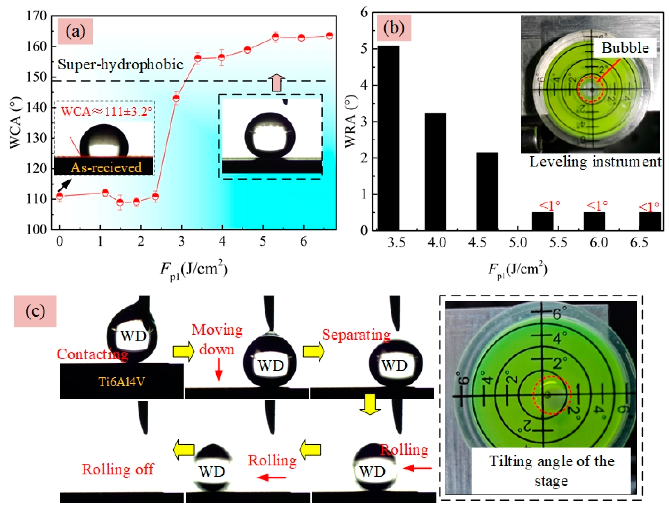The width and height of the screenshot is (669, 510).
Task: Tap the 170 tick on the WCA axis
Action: pyautogui.click(x=37, y=16)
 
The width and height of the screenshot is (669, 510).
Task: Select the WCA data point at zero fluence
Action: pyautogui.click(x=59, y=196)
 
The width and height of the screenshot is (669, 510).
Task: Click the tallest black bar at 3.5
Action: pyautogui.click(x=388, y=138)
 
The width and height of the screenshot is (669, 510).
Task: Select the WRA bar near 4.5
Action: pyautogui.click(x=487, y=191)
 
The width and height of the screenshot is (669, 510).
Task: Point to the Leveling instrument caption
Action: pyautogui.click(x=595, y=162)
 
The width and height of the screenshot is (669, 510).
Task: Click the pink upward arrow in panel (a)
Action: pyautogui.click(x=277, y=83)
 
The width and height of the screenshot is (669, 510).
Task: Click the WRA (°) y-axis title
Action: pyautogui.click(x=350, y=121)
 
